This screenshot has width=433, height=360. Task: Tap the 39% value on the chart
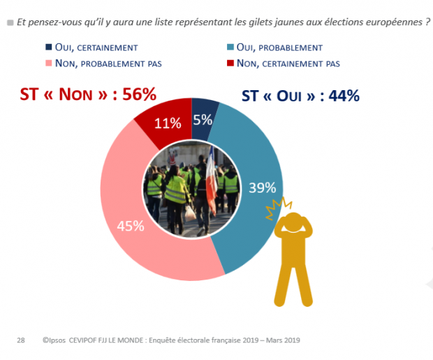(x=262, y=187)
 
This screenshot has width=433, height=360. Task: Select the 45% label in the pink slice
(x=130, y=226)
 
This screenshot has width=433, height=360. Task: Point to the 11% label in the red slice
(x=168, y=123)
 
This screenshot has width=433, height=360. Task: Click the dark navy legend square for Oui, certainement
(x=49, y=48)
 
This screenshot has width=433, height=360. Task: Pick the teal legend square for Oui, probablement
(x=230, y=48)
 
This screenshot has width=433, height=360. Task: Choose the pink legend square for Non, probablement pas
(x=49, y=64)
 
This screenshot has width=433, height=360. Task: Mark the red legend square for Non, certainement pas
(x=230, y=64)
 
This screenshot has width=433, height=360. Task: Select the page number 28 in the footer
(x=21, y=340)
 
